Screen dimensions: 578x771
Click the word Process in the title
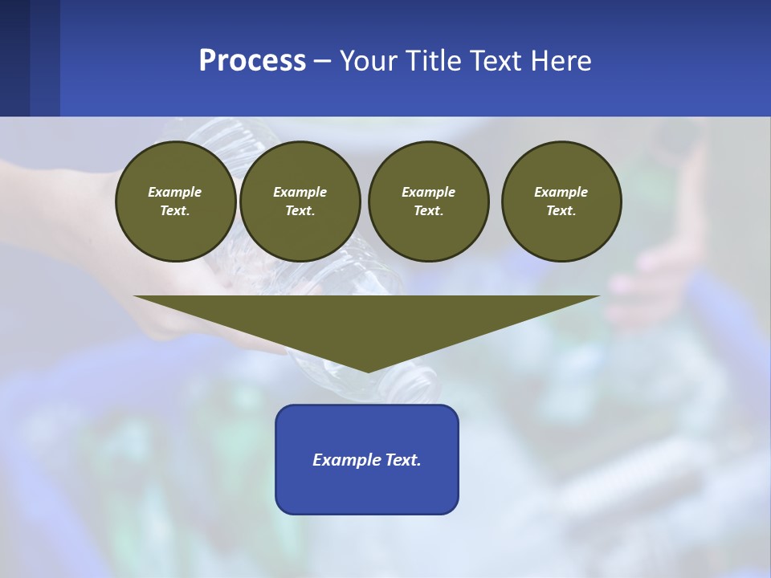coord(252,61)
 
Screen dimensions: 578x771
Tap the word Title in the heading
coord(430,61)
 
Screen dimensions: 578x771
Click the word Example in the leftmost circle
coord(175,192)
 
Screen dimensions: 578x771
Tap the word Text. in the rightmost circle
coord(561,210)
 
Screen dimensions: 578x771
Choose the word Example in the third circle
coord(428,192)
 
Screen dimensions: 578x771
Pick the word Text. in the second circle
coord(300,210)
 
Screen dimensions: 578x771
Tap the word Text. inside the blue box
coord(402,460)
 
